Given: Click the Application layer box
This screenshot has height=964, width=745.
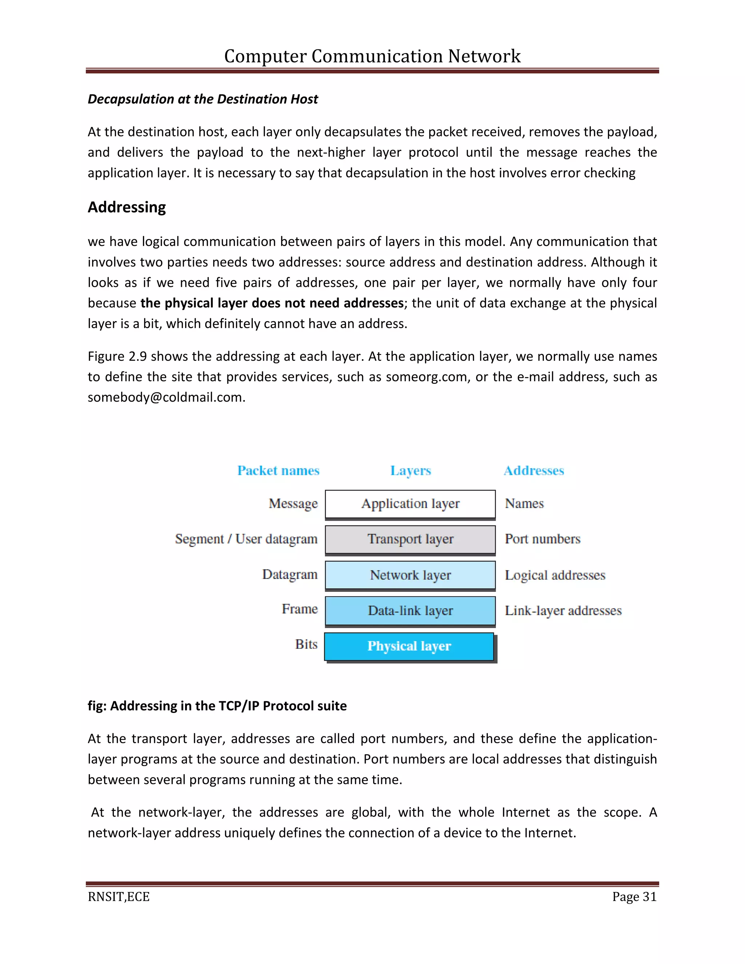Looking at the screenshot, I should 410,503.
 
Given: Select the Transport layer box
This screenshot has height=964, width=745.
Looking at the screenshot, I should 410,539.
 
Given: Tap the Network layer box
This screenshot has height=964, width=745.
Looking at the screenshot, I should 410,575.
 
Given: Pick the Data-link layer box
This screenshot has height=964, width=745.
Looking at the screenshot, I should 410,610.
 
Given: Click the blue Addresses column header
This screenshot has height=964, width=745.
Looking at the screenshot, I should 534,470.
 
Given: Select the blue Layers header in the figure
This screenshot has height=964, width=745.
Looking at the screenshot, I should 410,470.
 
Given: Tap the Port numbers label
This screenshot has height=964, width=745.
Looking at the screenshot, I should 542,539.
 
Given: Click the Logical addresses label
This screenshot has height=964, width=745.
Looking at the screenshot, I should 555,575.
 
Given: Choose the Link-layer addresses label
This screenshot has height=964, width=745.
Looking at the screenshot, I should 563,610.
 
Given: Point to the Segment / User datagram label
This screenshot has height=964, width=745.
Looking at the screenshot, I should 246,539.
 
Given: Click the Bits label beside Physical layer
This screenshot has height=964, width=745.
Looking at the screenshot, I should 306,645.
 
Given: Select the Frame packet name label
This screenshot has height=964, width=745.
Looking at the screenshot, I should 300,609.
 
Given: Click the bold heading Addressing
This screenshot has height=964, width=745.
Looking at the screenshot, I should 127,207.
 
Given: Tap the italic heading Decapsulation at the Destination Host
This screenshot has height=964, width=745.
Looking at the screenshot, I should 203,99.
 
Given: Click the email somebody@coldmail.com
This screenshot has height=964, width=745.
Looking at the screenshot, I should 166,397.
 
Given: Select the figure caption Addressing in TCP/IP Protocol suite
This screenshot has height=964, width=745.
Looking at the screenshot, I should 217,706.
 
